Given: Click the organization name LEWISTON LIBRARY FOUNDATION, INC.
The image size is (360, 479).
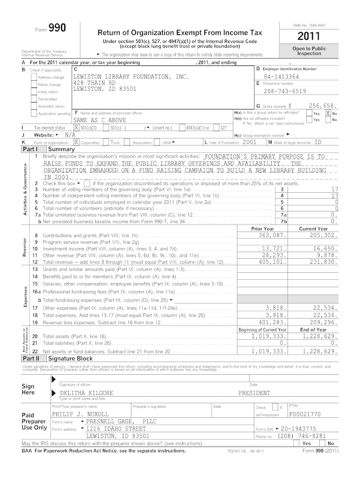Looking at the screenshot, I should [x=130, y=76].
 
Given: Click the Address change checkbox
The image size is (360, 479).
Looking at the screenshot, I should [x=34, y=77].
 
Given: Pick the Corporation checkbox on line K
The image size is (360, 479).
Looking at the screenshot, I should [x=77, y=142].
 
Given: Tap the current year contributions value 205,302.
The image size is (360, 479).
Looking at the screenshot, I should [x=323, y=235].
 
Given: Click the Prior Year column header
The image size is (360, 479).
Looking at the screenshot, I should [x=262, y=228].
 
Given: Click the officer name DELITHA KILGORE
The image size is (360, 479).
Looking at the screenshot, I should [x=86, y=393].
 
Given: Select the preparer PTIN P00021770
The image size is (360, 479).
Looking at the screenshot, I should [x=305, y=414].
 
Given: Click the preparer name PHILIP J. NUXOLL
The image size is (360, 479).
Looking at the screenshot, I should [x=80, y=414].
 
